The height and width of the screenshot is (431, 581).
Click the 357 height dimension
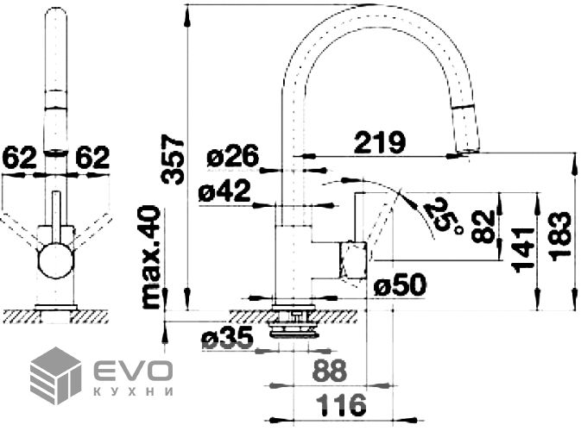coord(173,159)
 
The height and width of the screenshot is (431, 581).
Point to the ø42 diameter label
coord(224,191)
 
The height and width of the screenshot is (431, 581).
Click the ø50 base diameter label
coord(401,285)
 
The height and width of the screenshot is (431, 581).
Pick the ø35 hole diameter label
coord(227,337)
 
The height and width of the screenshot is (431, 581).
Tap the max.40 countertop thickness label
coord(152,257)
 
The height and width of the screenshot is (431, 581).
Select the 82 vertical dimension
coord(483,226)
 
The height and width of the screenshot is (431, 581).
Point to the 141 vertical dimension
coord(522,250)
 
